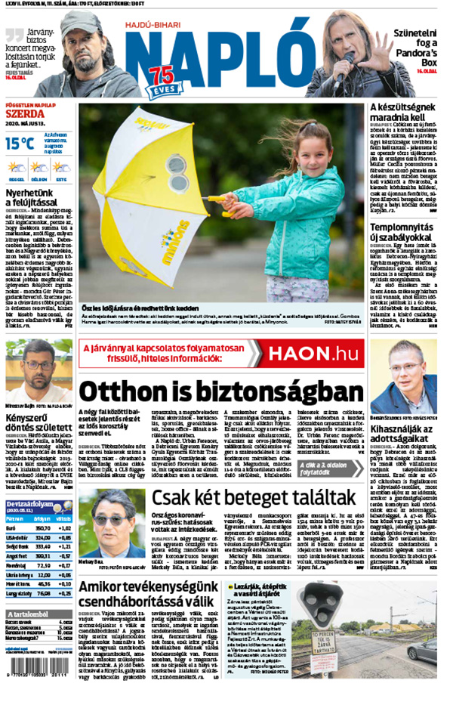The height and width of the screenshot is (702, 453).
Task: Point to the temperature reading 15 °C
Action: (20, 143)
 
